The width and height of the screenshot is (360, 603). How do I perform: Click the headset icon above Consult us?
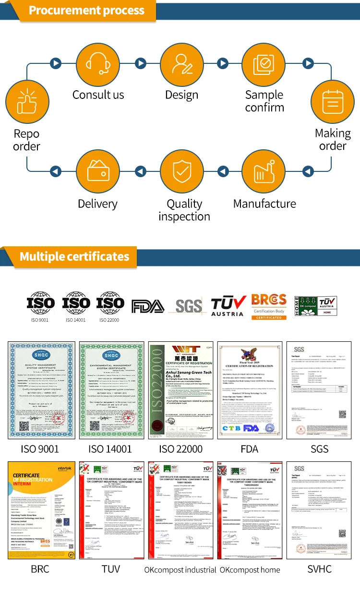[98, 63]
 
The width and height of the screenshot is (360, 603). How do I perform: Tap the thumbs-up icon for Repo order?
[26, 101]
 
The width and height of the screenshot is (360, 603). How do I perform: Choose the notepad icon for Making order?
[333, 101]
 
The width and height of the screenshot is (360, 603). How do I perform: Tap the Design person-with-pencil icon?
[182, 63]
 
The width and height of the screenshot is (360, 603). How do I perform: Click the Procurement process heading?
[86, 11]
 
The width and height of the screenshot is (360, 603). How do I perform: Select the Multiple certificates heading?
[74, 257]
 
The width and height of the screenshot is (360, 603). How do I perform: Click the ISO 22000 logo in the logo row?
[110, 306]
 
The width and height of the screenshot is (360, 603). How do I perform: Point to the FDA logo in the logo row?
[148, 306]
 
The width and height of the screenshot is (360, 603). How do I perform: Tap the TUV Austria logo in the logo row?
[228, 306]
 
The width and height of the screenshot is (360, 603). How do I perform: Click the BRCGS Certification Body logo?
[269, 306]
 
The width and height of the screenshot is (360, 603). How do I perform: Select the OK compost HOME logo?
[315, 306]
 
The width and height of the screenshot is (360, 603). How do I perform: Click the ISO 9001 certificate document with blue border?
[41, 390]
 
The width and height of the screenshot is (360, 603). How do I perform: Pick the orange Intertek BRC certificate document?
[41, 510]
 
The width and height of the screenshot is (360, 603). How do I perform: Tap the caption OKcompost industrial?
[180, 570]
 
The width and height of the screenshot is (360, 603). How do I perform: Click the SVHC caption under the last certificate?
[319, 569]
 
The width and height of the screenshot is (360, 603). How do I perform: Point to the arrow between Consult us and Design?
[140, 63]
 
